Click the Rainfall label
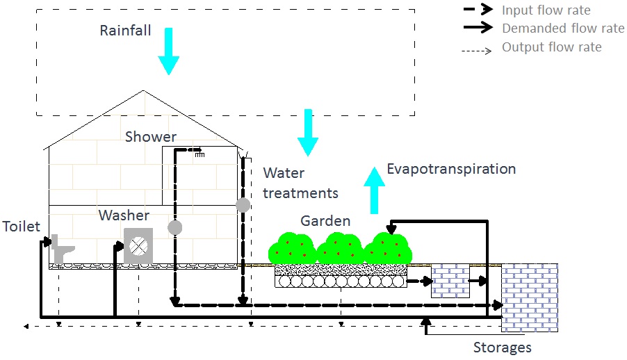click(x=125, y=31)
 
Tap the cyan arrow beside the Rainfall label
click(x=168, y=51)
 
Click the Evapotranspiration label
click(x=451, y=169)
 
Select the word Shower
click(x=151, y=137)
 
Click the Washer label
click(x=124, y=215)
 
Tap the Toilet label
click(x=20, y=227)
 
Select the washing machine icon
click(x=138, y=246)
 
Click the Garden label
click(x=325, y=221)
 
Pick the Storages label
click(x=503, y=347)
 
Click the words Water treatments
click(x=300, y=183)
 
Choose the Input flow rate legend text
click(x=546, y=10)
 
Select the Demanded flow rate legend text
click(x=563, y=29)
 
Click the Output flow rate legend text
click(x=551, y=48)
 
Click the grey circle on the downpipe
click(x=243, y=205)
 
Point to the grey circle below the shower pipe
click(x=174, y=227)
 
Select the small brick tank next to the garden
click(x=450, y=281)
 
